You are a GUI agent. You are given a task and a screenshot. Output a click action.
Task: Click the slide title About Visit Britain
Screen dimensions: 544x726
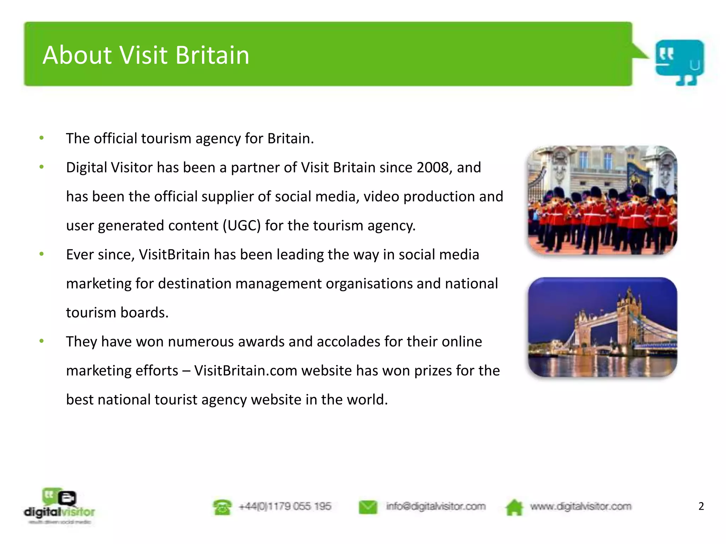click(x=146, y=55)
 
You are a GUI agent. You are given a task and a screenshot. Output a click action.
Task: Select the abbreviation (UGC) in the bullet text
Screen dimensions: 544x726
click(x=242, y=226)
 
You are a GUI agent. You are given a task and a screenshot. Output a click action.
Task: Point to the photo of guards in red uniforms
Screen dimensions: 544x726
click(x=602, y=200)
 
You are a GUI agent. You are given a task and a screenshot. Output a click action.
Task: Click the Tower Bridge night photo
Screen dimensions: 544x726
click(x=602, y=327)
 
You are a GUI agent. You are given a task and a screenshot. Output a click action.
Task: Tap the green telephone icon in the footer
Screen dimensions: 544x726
click(x=222, y=507)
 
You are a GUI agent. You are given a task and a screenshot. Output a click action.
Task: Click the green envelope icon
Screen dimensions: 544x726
click(x=368, y=507)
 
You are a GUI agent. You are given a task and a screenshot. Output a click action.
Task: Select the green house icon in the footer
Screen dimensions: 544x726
click(x=514, y=507)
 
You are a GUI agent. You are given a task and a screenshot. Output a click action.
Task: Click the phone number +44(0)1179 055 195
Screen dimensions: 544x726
click(x=285, y=506)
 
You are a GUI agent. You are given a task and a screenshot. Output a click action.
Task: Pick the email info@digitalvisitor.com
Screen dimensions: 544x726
click(x=436, y=506)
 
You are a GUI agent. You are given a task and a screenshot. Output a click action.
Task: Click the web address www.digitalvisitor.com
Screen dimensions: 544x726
click(x=580, y=506)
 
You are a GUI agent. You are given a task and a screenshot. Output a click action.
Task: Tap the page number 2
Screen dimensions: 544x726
click(x=701, y=506)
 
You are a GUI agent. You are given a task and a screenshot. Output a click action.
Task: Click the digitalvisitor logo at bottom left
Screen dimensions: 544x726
click(x=60, y=506)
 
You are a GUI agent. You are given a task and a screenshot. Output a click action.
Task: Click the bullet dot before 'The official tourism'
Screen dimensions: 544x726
click(x=41, y=138)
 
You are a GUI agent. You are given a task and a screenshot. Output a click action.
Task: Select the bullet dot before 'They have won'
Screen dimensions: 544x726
click(x=41, y=341)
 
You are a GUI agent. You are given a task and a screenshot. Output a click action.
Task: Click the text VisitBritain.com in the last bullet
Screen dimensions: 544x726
click(x=246, y=371)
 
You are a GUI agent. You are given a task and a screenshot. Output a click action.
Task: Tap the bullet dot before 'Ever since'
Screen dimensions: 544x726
click(x=41, y=254)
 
